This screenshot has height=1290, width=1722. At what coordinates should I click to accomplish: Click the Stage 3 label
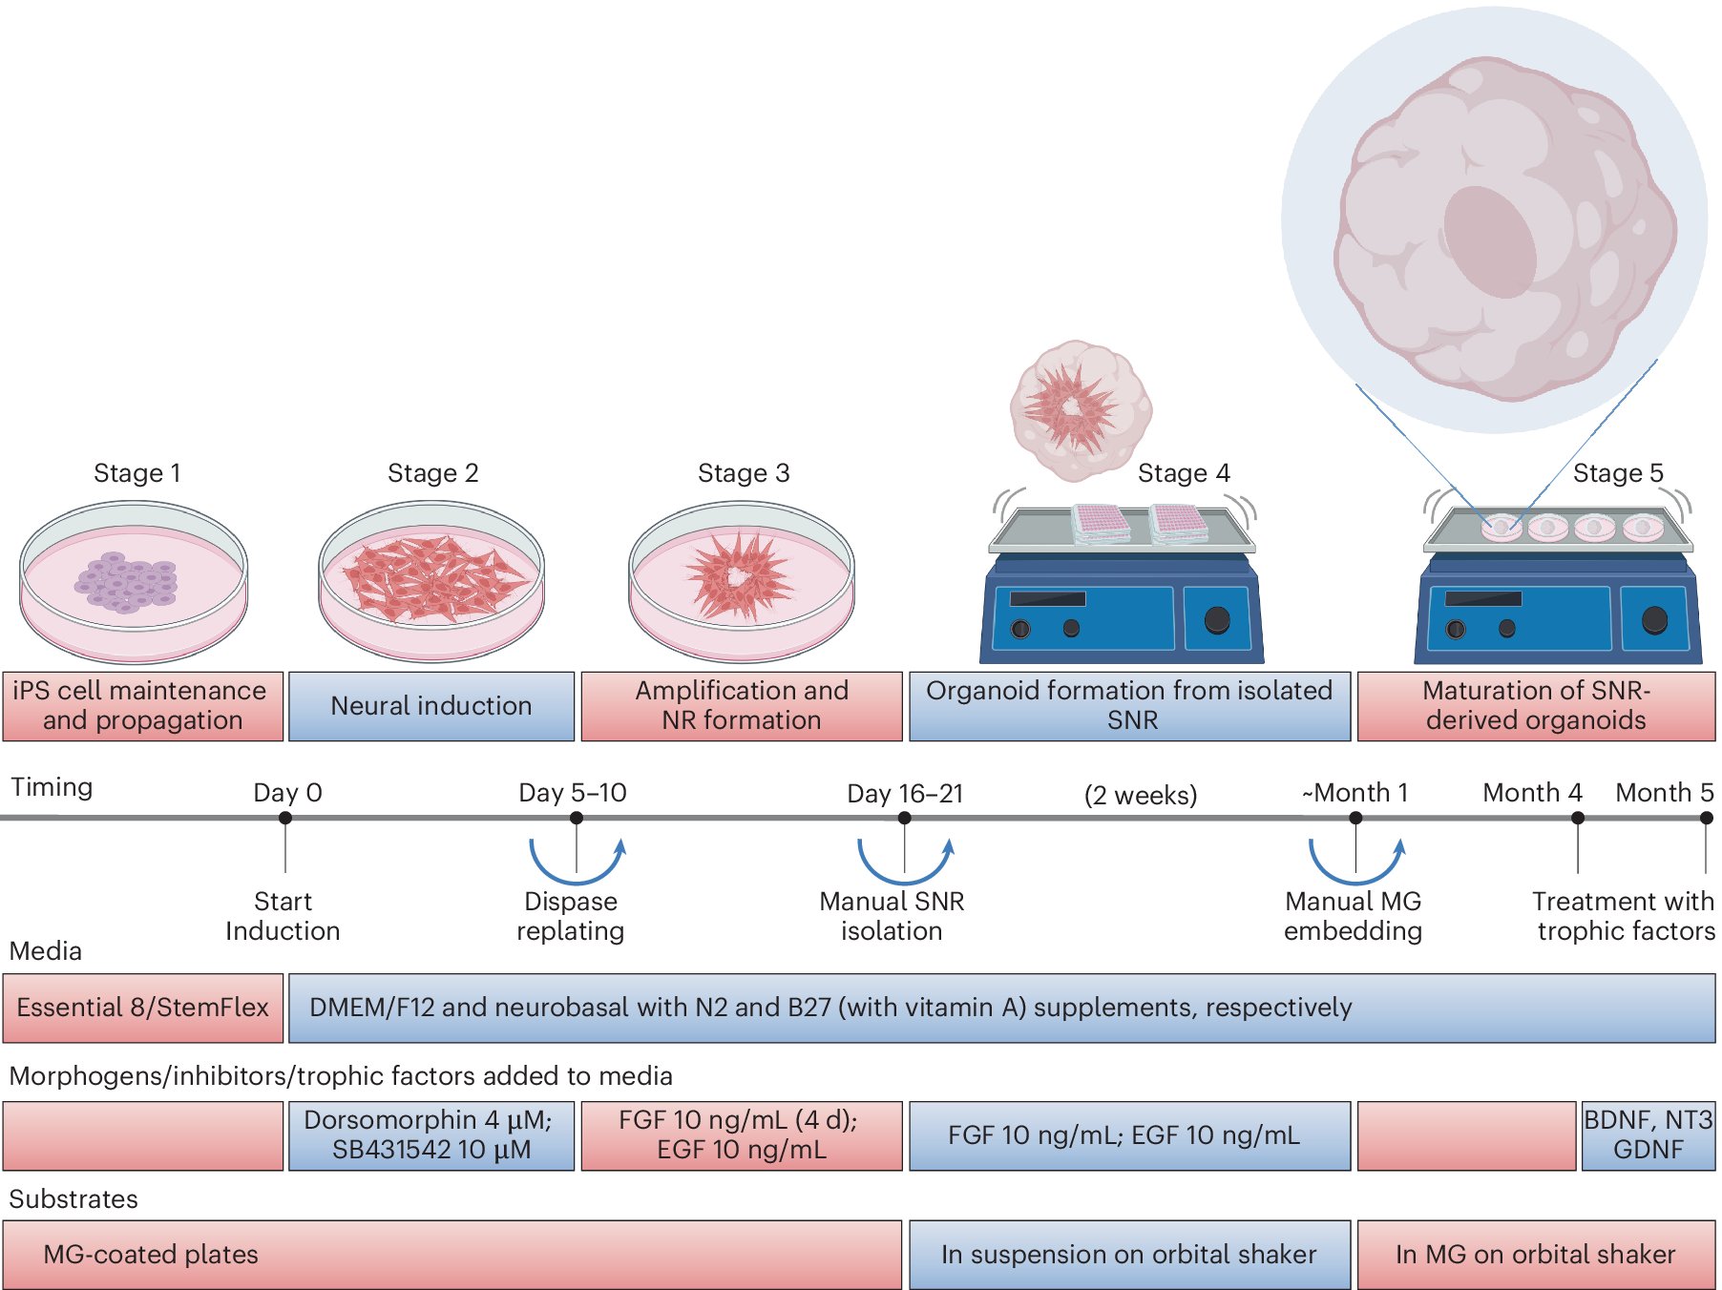(x=744, y=473)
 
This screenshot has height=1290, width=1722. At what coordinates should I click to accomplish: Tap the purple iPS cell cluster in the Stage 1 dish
(x=128, y=581)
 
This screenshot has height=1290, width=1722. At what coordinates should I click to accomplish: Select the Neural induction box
(x=431, y=706)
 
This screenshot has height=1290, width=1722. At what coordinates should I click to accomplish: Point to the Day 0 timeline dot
(x=285, y=818)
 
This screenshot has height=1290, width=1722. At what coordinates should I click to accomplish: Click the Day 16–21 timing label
(x=905, y=793)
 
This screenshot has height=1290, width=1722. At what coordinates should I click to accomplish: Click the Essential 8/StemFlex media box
(x=143, y=1008)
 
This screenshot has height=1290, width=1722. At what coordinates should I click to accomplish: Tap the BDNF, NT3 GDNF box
(x=1648, y=1134)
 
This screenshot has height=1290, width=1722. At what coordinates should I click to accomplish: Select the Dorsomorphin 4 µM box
(x=431, y=1134)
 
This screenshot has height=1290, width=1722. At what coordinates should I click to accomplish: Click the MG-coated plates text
(x=151, y=1254)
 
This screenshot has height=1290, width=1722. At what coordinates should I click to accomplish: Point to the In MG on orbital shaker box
(x=1535, y=1254)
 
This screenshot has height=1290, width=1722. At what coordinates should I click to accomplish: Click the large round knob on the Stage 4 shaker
(x=1217, y=619)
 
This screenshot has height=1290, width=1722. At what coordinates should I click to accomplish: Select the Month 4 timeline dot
(x=1578, y=818)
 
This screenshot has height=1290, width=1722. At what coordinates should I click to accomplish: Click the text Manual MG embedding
(x=1353, y=916)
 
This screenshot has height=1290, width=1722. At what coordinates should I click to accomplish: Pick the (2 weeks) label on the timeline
(x=1141, y=795)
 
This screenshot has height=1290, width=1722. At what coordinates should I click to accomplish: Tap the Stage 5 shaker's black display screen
(x=1482, y=598)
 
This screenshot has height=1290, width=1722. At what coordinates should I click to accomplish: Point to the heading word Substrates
(x=73, y=1199)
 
